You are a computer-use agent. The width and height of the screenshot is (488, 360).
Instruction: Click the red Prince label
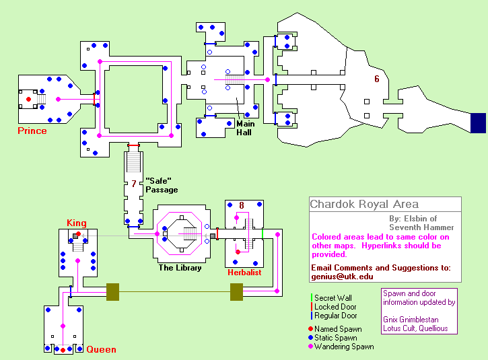(32, 131)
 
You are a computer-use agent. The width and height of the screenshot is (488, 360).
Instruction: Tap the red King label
(77, 223)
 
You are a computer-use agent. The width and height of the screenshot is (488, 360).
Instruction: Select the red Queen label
(101, 349)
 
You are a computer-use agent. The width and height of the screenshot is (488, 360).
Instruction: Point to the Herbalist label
(244, 273)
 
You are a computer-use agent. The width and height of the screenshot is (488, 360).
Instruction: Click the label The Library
(180, 268)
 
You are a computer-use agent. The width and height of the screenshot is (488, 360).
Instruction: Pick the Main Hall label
(245, 129)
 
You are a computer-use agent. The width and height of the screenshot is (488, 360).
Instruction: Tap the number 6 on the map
(377, 79)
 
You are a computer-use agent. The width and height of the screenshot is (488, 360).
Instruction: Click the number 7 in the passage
(134, 184)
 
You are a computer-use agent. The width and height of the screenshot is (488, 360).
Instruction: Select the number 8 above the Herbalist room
(242, 205)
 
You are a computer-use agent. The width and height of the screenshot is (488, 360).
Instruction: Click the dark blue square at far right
(478, 123)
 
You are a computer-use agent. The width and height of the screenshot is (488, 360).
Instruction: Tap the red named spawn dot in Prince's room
(29, 100)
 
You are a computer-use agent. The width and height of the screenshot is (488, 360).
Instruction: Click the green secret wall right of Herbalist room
(263, 234)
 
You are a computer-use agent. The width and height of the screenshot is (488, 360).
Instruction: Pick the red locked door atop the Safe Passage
(133, 145)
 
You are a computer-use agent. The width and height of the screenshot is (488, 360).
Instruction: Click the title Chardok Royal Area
(364, 204)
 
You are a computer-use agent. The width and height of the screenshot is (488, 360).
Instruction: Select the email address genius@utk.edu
(342, 277)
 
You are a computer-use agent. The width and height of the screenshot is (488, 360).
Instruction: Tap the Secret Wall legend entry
(331, 298)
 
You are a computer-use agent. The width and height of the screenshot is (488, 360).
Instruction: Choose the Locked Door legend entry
(334, 307)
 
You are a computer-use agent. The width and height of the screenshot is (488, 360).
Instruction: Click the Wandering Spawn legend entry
(341, 347)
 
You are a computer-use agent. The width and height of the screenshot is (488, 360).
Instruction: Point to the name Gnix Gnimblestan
(411, 320)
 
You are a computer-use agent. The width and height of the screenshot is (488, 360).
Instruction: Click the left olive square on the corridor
(112, 292)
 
